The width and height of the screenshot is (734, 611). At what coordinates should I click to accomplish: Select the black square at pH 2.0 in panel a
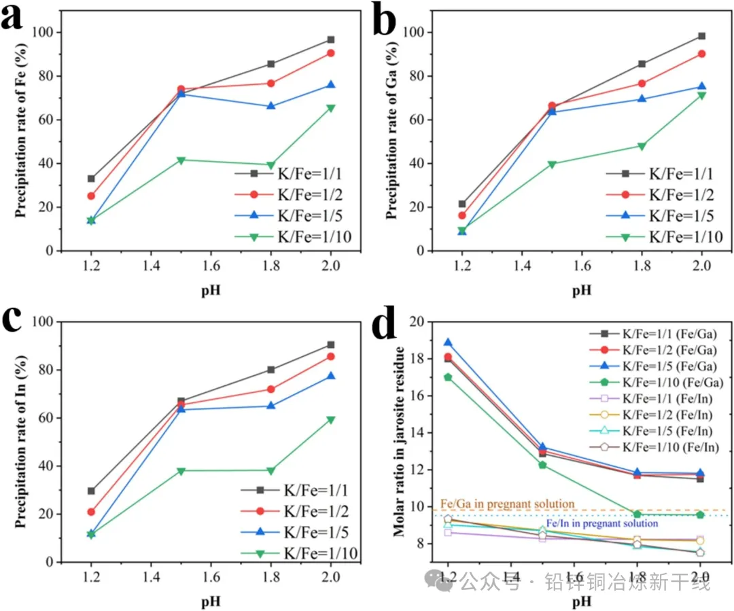331,39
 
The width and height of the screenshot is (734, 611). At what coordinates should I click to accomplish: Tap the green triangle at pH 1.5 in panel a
181,160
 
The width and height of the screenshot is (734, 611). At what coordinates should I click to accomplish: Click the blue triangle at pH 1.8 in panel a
271,106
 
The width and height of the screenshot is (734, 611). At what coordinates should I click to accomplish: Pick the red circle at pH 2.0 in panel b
701,54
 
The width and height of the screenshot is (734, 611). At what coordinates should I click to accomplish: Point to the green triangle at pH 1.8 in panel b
642,146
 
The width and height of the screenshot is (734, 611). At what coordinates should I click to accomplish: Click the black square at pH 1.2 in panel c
91,491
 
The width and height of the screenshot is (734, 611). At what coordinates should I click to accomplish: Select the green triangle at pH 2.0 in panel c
331,420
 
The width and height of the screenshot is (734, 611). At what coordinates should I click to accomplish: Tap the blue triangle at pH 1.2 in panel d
448,343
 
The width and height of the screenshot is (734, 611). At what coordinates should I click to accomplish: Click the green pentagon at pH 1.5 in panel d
543,465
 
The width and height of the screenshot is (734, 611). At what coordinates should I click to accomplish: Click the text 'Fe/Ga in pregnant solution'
508,504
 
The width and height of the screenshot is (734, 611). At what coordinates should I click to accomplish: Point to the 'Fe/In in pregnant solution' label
602,523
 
